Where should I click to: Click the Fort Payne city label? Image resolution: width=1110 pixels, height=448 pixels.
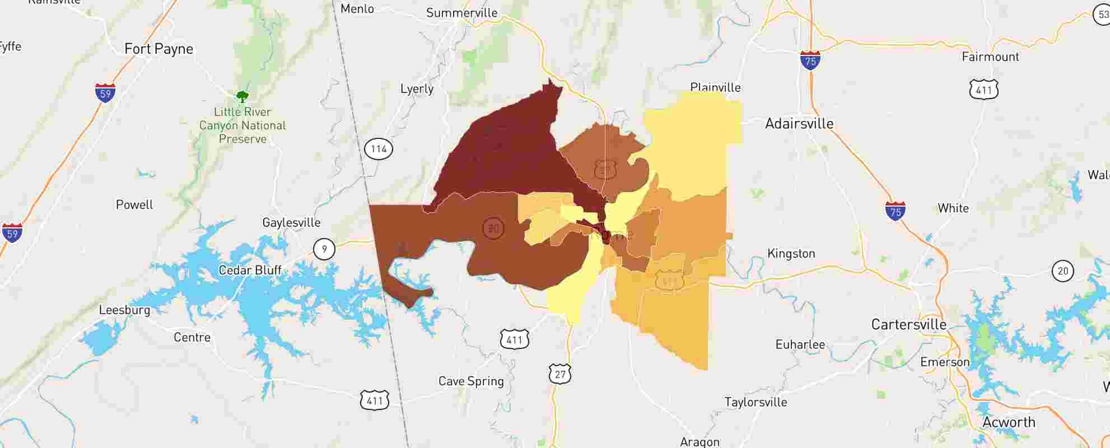pos(158,49)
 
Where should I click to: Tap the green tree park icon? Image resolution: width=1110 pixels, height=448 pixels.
pos(242,97)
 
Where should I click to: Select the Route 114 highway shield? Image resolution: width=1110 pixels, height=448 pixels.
pos(379,149)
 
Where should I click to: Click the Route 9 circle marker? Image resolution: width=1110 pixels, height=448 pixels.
pos(324,249)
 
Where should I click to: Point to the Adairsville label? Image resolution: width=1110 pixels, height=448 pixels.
pos(799,124)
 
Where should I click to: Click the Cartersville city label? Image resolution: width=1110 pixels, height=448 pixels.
pos(908,325)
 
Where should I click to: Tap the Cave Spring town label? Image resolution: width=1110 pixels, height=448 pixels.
pos(471,381)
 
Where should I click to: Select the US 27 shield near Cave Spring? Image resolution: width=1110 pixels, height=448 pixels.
pos(560,374)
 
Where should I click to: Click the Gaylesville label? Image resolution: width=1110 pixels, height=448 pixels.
pos(291,223)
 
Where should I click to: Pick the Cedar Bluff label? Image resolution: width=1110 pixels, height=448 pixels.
pos(250,270)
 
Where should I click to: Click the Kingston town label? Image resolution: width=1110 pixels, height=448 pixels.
pos(791,254)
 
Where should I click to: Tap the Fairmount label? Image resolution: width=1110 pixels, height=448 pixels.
pos(990,57)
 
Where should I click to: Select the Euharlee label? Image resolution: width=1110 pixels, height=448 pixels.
pos(800,345)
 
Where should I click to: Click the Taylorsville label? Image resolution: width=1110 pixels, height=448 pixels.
pos(755,402)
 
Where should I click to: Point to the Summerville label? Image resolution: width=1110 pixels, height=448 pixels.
pos(461,13)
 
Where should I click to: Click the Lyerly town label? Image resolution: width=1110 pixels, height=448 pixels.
pos(417,89)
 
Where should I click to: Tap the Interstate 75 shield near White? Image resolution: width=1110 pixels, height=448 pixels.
pos(896,211)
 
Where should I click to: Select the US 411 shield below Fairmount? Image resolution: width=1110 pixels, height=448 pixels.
pos(983,90)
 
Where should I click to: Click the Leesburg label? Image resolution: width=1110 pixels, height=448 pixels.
pos(124,310)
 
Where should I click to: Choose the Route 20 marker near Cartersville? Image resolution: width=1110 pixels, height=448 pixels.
pos(1062,272)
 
